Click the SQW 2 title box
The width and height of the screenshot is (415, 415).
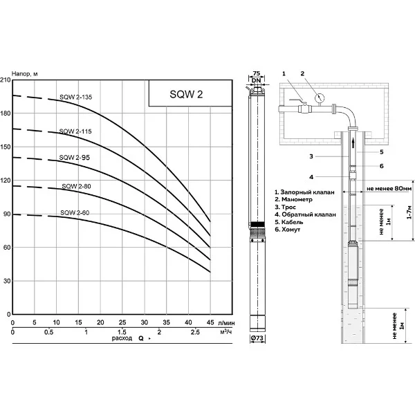[x=190, y=93]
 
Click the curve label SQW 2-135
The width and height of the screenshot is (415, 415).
[x=75, y=97]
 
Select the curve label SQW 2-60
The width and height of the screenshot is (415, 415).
[x=75, y=212]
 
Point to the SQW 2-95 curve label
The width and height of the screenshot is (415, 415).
[x=75, y=158]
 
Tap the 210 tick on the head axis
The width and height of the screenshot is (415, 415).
[x=6, y=80]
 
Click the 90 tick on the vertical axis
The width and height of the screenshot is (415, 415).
[x=7, y=214]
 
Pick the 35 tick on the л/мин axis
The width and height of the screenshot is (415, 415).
[x=166, y=322]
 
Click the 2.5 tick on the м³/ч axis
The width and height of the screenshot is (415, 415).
[x=195, y=332]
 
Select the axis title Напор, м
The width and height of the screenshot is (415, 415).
[x=25, y=74]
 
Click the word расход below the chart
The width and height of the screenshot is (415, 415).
[x=122, y=338]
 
